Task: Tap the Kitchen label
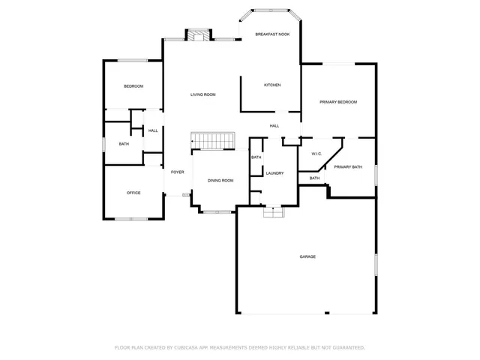pos(272,85)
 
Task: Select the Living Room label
pos(202,94)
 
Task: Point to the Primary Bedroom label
pos(338,102)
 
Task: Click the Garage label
pos(307,256)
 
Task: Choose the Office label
pos(133,193)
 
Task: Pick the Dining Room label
pos(220,180)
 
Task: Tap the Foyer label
pos(177,172)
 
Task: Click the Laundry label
pos(274,173)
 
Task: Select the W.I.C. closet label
pos(316,154)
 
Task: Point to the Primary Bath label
pos(348,166)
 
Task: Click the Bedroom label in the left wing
pos(133,87)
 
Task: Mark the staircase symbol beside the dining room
pos(214,140)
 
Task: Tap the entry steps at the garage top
pos(273,212)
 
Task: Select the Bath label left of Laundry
pos(256,157)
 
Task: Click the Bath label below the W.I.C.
pos(314,178)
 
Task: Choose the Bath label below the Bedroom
pos(124,143)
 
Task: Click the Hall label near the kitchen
pos(274,126)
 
